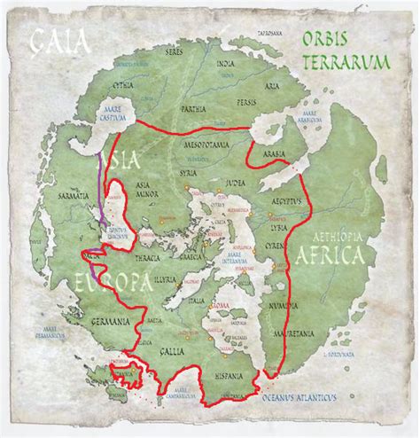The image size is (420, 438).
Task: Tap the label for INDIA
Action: [x=226, y=64]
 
